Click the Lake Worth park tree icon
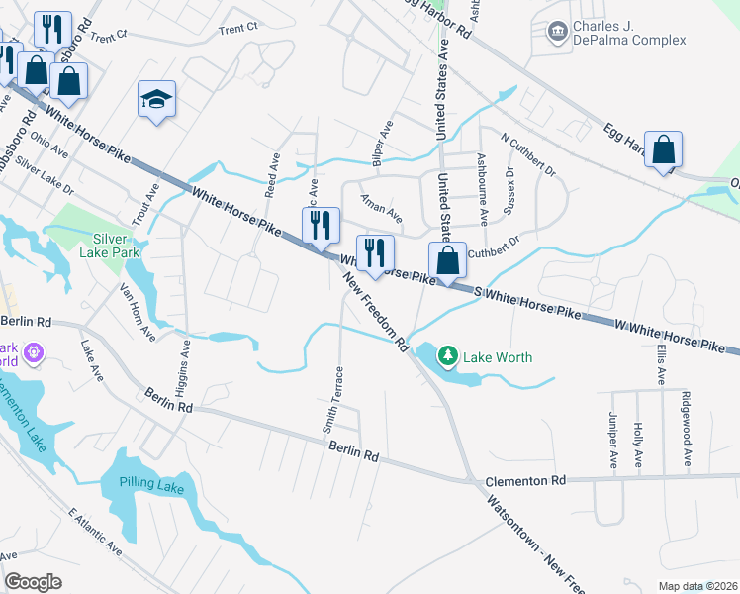[x=448, y=355]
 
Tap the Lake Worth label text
[x=501, y=357]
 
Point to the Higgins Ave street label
[x=183, y=366]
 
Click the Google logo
[x=33, y=582]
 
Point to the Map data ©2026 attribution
[x=696, y=586]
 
